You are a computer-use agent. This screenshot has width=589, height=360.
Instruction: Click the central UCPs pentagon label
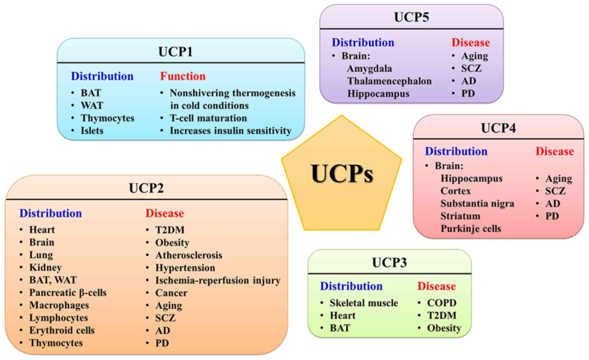(x=342, y=174)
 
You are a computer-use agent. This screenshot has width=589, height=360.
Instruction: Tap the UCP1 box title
(x=175, y=52)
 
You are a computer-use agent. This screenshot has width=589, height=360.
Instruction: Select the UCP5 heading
(x=411, y=17)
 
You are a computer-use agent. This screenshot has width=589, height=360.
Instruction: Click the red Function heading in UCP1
(x=183, y=76)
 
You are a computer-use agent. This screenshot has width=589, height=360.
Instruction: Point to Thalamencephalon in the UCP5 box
(x=389, y=81)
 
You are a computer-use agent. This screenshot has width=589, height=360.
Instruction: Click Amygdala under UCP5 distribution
(x=369, y=68)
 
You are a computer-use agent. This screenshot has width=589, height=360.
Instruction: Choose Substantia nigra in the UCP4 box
(x=477, y=203)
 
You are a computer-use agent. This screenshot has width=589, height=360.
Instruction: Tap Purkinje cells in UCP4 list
(x=471, y=229)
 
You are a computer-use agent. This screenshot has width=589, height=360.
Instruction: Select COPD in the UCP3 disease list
(x=442, y=303)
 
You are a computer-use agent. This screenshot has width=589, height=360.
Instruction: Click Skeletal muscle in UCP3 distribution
(x=364, y=303)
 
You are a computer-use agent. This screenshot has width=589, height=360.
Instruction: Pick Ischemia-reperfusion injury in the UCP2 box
(x=218, y=280)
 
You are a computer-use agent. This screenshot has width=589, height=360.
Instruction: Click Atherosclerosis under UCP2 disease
(x=189, y=255)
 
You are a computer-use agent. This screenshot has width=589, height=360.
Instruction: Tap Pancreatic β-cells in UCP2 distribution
(x=68, y=292)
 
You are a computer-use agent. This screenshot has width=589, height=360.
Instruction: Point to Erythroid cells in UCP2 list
(x=62, y=330)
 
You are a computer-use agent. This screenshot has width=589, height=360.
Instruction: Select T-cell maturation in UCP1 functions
(x=208, y=118)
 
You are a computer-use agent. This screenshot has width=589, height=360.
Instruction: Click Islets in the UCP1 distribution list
(x=92, y=131)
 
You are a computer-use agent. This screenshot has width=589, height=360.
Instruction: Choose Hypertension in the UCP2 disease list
(x=185, y=267)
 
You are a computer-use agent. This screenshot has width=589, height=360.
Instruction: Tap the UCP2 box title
(x=146, y=188)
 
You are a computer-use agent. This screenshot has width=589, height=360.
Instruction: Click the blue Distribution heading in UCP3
(x=351, y=286)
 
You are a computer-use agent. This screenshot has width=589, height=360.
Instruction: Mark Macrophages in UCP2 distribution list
(x=59, y=305)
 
